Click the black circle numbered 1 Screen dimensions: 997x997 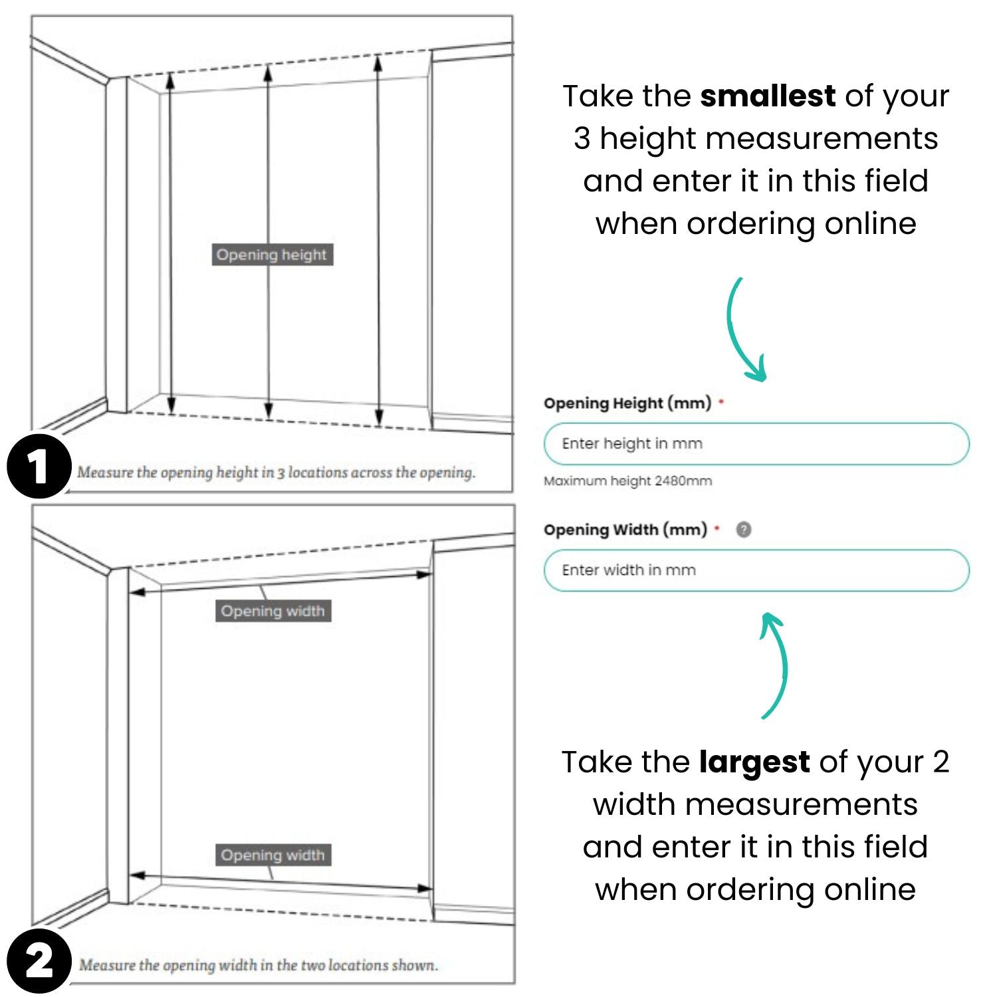click(39, 466)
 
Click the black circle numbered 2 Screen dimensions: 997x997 click(39, 961)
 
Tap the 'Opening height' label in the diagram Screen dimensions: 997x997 click(272, 255)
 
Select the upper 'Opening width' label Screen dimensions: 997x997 click(273, 611)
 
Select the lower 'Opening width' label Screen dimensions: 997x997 click(273, 855)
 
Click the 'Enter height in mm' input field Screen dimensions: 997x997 click(756, 444)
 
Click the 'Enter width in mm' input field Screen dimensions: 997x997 click(756, 570)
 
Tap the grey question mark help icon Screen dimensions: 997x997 click(744, 530)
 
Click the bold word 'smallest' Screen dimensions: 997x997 click(768, 96)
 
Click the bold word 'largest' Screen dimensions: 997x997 click(754, 762)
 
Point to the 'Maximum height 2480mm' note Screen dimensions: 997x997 click(627, 481)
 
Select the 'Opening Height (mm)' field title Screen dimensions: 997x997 click(627, 403)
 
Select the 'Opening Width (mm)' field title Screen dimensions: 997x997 click(625, 530)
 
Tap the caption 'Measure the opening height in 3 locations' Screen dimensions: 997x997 click(276, 473)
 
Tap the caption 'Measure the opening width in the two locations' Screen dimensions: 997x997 click(259, 965)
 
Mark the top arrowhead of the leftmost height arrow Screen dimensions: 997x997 click(170, 80)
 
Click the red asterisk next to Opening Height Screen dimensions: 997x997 click(721, 401)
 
